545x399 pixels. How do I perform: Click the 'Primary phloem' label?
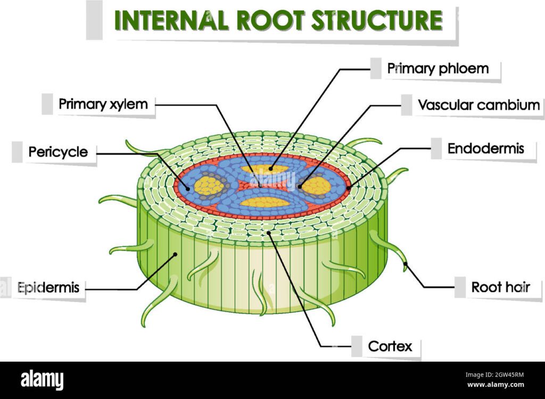coord(437,68)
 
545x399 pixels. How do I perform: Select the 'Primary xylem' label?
coord(103,104)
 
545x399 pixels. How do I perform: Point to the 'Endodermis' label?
coord(485,148)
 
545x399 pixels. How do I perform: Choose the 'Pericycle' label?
coord(58,152)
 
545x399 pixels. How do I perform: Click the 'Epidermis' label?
coord(48,288)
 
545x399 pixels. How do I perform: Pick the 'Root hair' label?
coord(500,288)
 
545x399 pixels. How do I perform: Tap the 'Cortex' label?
coord(390,346)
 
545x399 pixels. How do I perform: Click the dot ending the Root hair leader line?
coord(405,264)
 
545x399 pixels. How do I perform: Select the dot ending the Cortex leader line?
coord(269,232)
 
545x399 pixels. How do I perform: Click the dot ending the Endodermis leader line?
coord(349,188)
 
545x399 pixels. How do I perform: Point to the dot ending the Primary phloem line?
coord(270,169)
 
